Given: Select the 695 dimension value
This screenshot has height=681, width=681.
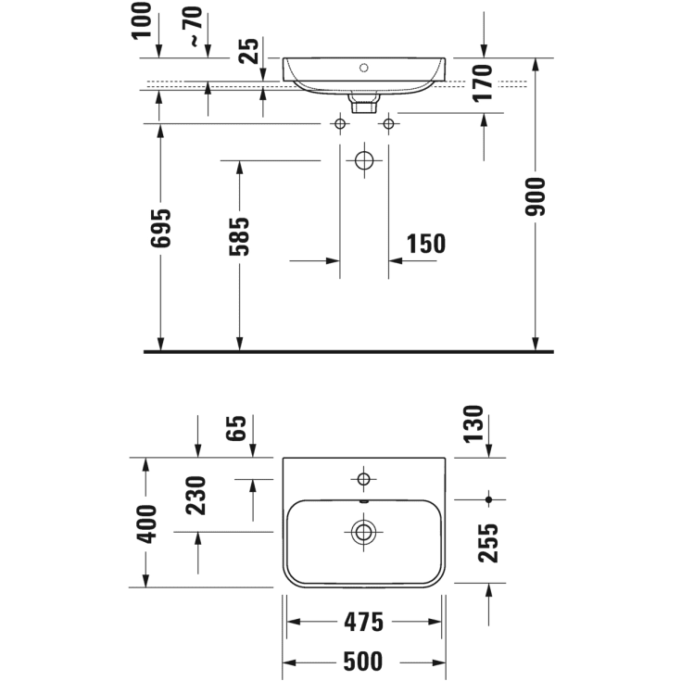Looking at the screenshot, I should pyautogui.click(x=161, y=226).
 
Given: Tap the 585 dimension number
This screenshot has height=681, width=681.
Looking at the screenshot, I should pyautogui.click(x=240, y=237).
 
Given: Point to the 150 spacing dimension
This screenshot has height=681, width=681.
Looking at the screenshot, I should pyautogui.click(x=425, y=244).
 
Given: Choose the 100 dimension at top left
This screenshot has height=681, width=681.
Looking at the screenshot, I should pyautogui.click(x=142, y=20).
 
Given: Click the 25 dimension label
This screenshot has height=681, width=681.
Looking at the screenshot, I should pyautogui.click(x=249, y=49).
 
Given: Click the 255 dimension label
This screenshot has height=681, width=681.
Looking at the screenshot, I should pyautogui.click(x=488, y=543).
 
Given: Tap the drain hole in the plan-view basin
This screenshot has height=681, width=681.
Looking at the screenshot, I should pyautogui.click(x=363, y=532).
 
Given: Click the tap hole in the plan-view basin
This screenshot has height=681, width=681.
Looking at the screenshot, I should pyautogui.click(x=363, y=479).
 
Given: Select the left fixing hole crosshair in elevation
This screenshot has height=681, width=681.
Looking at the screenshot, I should pyautogui.click(x=340, y=123).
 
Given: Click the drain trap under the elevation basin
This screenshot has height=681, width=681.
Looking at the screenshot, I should pyautogui.click(x=364, y=97).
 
